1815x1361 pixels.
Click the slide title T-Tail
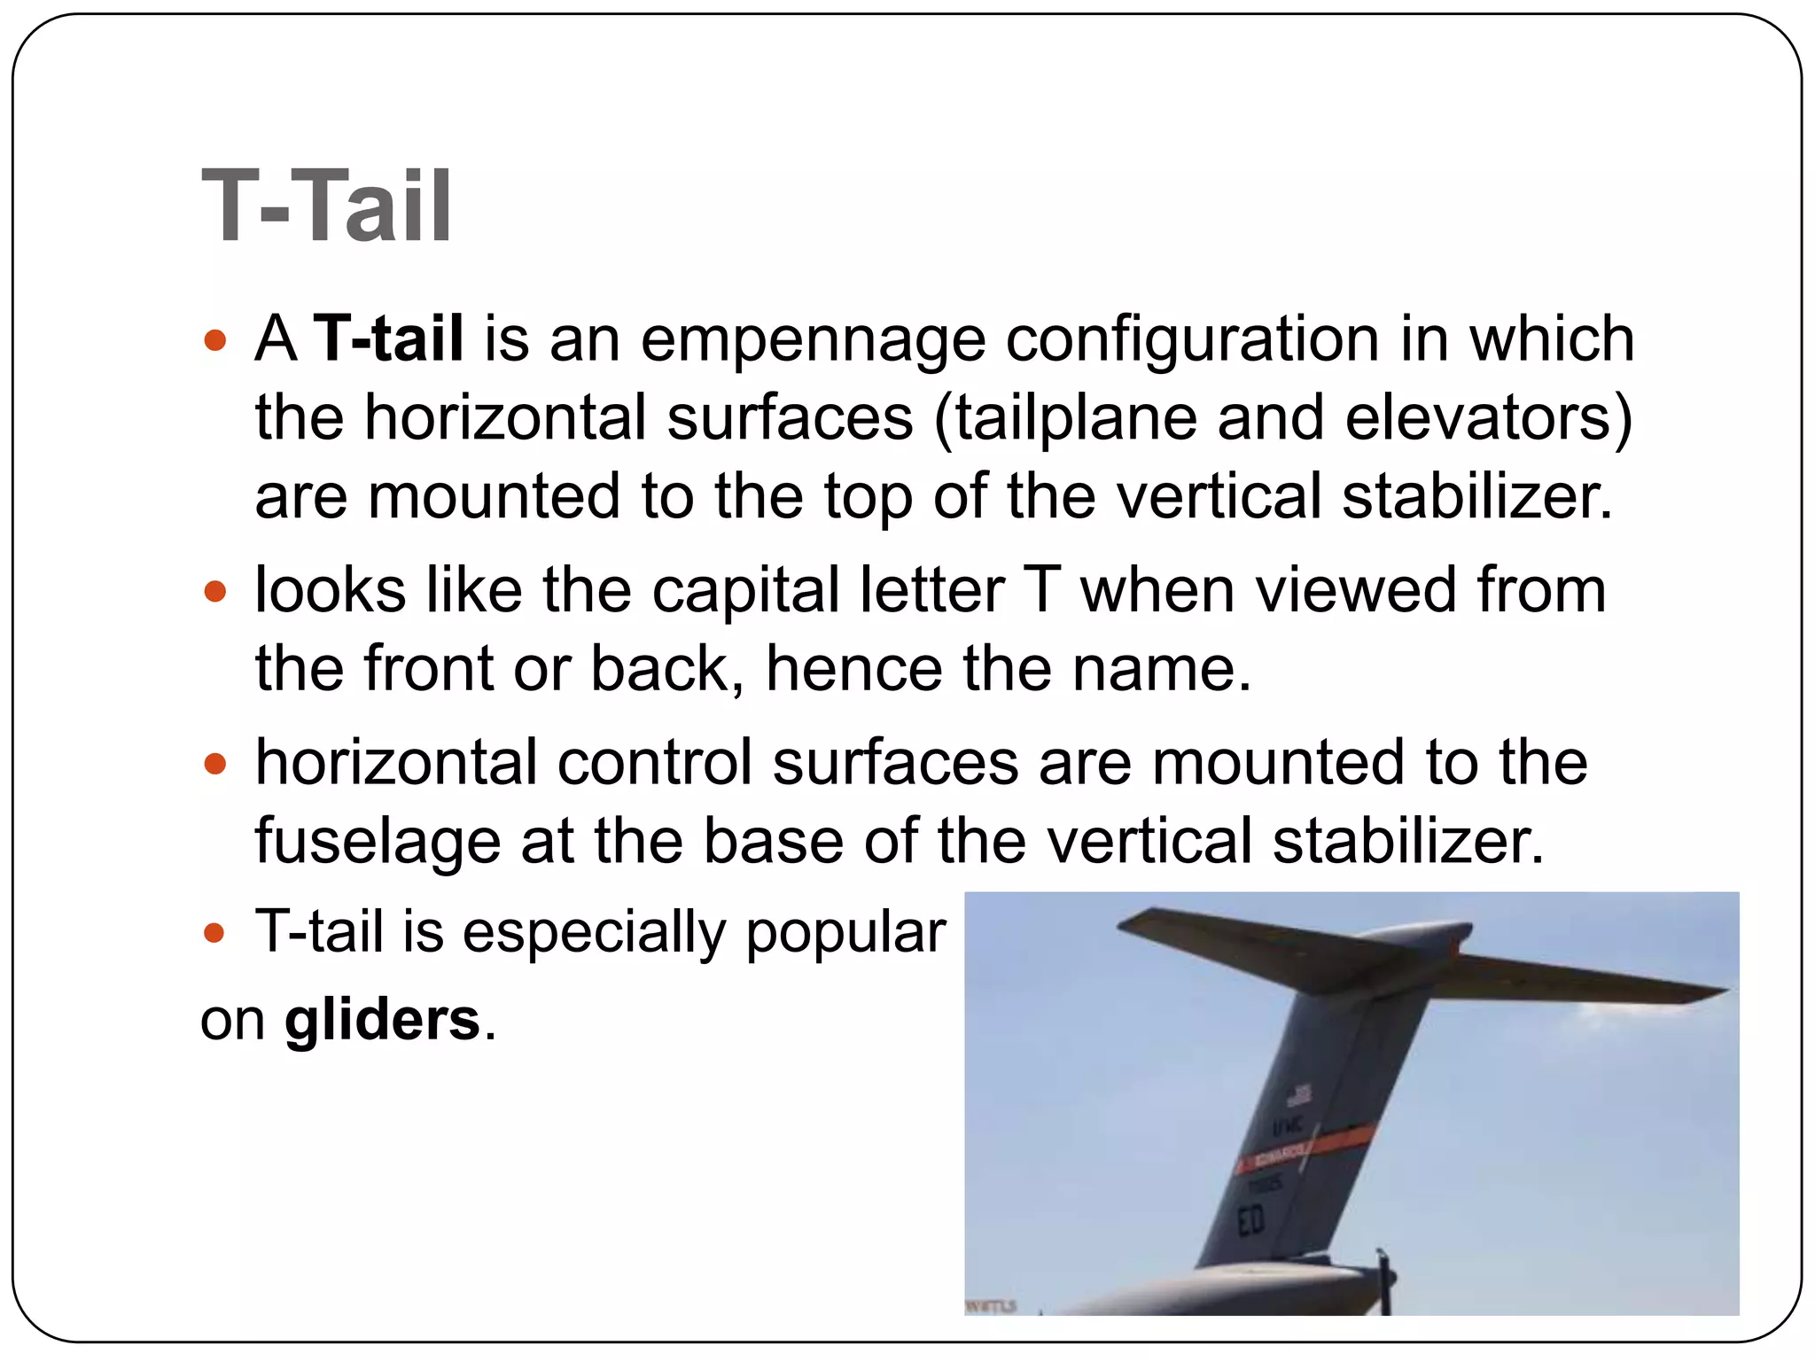[x=326, y=206]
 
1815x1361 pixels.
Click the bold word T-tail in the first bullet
[x=389, y=338]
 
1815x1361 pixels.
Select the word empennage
[x=813, y=340]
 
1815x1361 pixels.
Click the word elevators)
[x=1489, y=418]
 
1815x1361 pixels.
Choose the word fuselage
[x=378, y=842]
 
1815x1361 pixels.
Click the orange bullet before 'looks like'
[x=215, y=591]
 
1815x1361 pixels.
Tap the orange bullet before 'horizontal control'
[x=215, y=763]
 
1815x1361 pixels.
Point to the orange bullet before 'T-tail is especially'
[x=215, y=933]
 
